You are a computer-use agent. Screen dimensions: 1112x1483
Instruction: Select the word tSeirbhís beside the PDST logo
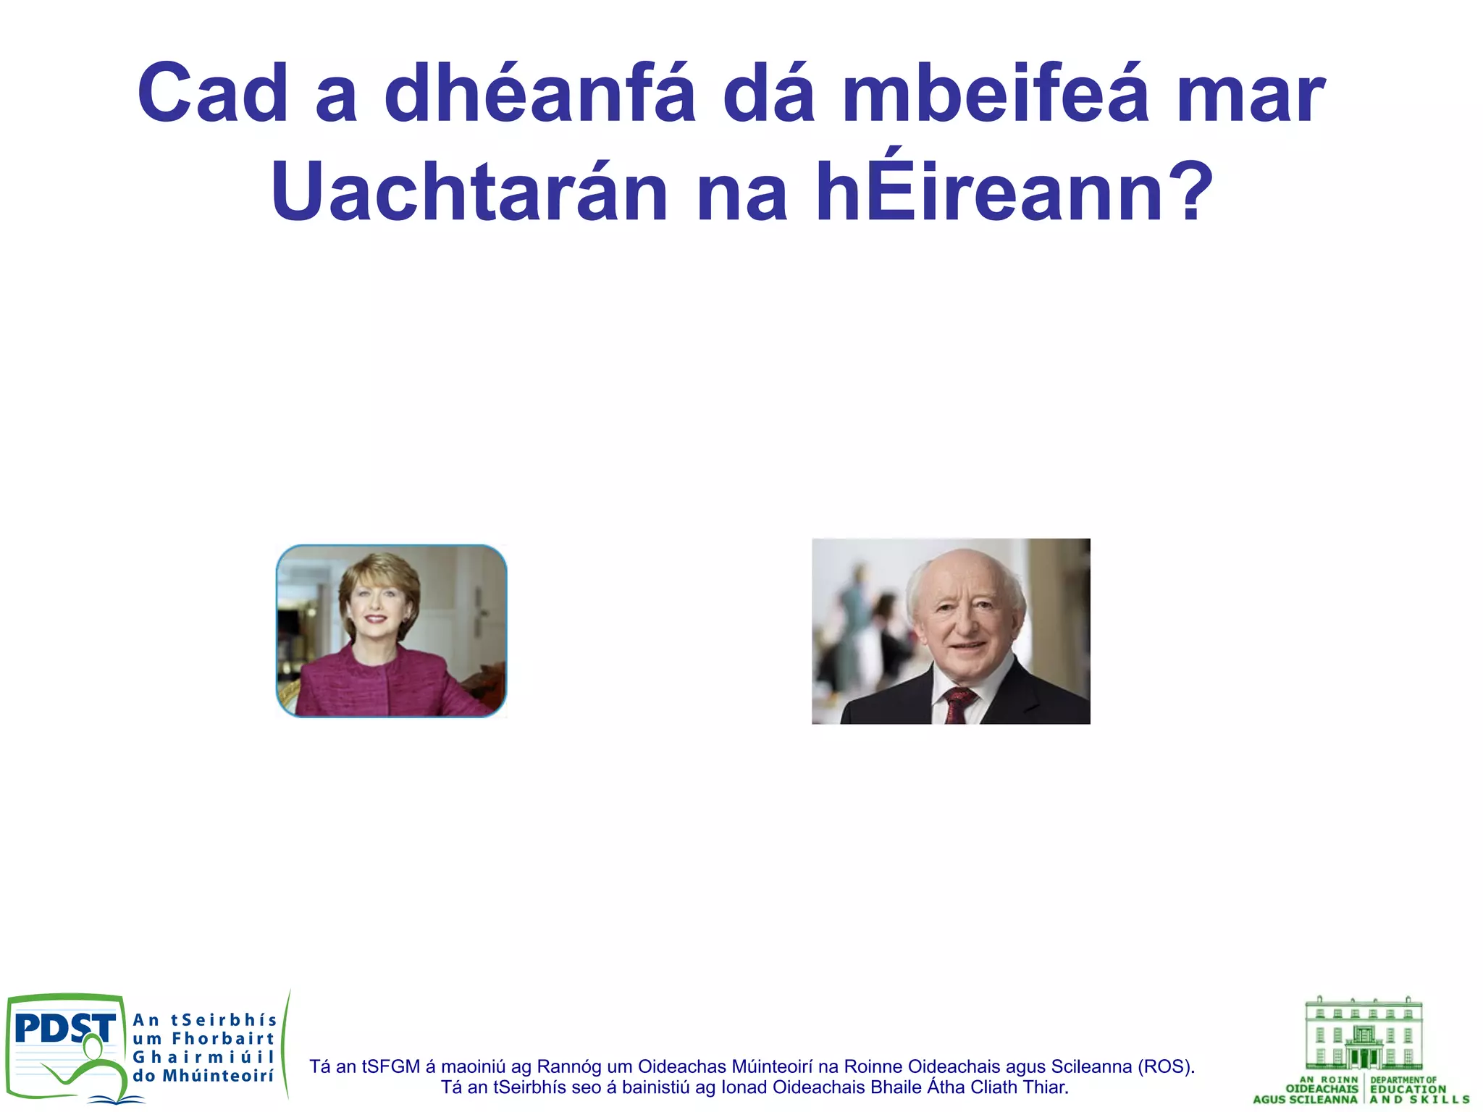click(x=224, y=1020)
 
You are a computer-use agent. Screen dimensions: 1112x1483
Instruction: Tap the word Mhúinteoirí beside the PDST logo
click(x=218, y=1077)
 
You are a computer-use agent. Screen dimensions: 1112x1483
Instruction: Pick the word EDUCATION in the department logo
click(x=1408, y=1089)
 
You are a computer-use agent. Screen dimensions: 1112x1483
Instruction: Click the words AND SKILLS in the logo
click(x=1419, y=1100)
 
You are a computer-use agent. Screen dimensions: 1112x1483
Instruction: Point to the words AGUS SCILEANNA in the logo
click(x=1305, y=1100)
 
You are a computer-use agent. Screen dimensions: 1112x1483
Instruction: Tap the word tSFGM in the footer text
click(x=391, y=1066)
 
